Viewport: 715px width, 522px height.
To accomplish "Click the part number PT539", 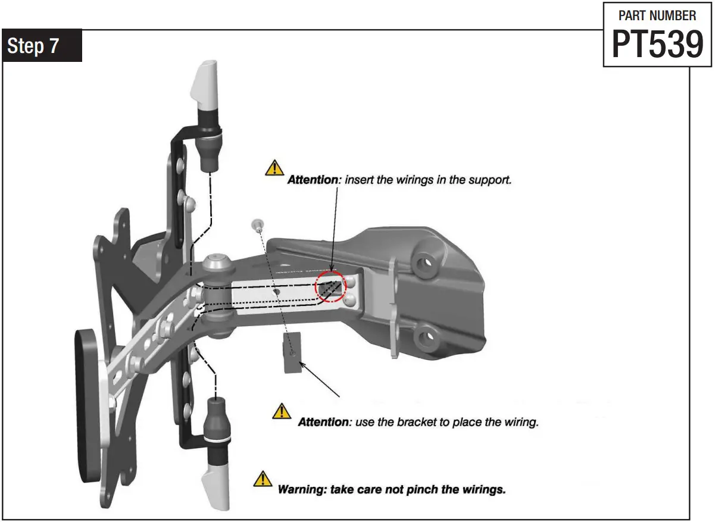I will click(x=657, y=45).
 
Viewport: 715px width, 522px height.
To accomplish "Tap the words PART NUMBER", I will click(x=657, y=15).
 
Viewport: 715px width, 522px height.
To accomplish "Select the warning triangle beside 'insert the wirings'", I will click(x=274, y=168).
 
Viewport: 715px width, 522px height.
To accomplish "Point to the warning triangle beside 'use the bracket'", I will click(x=282, y=411).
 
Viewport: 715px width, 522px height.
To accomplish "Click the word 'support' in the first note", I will click(x=490, y=180).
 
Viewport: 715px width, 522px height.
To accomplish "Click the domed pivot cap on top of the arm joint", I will click(x=216, y=261).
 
